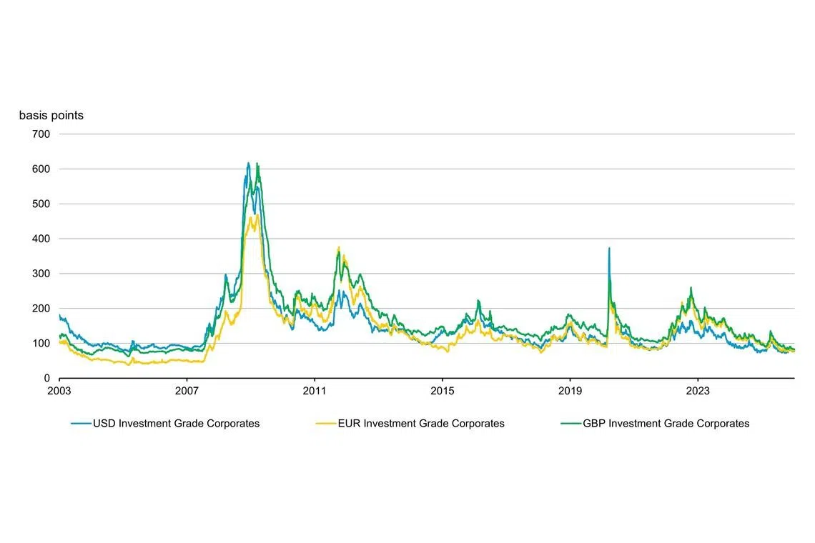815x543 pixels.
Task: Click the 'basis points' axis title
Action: pyautogui.click(x=51, y=116)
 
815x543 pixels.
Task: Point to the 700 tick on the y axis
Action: pyautogui.click(x=41, y=134)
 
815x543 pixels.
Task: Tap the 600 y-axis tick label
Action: pyautogui.click(x=41, y=169)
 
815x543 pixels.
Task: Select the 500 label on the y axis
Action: pyautogui.click(x=41, y=204)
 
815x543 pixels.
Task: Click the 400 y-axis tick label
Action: pyautogui.click(x=41, y=239)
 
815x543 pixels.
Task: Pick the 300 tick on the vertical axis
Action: pyautogui.click(x=41, y=274)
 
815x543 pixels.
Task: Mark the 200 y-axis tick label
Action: pyautogui.click(x=41, y=309)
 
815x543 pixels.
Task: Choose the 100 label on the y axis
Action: pyautogui.click(x=41, y=344)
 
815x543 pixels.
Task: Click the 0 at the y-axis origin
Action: pyautogui.click(x=47, y=378)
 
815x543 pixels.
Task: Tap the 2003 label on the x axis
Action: pyautogui.click(x=59, y=391)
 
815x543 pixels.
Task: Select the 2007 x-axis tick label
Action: pyautogui.click(x=187, y=391)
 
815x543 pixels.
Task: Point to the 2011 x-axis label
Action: pyautogui.click(x=315, y=391)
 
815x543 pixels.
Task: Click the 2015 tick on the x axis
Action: pyautogui.click(x=443, y=391)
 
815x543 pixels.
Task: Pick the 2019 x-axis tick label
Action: pyautogui.click(x=570, y=391)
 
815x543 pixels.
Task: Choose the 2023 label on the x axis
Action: pyautogui.click(x=698, y=391)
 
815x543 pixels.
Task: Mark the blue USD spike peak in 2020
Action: pyautogui.click(x=609, y=249)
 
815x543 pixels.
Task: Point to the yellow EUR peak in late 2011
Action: pyautogui.click(x=338, y=248)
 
